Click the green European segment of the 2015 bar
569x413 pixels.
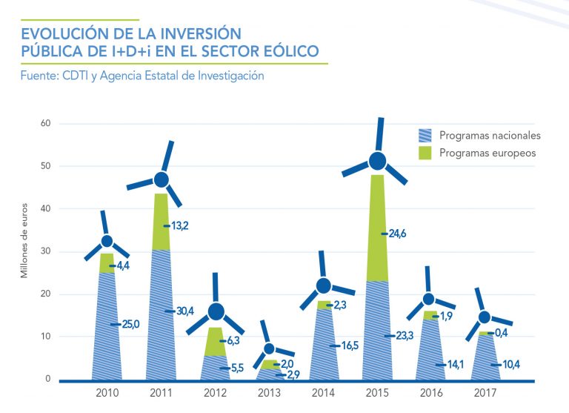377,222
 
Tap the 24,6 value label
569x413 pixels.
397,234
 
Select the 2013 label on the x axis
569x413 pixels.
270,394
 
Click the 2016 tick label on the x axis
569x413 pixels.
431,394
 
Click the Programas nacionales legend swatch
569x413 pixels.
425,136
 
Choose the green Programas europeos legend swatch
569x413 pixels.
425,153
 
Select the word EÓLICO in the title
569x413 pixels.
291,51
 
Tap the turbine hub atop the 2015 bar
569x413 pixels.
377,160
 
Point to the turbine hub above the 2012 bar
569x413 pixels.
216,311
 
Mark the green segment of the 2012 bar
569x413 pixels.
216,341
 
